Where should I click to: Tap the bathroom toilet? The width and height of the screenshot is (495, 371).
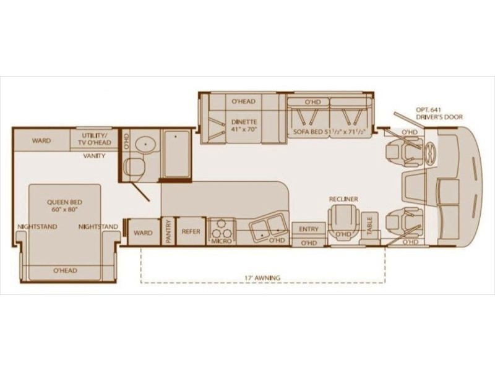point(134,167)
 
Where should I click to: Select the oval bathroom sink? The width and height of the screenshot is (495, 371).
point(145,145)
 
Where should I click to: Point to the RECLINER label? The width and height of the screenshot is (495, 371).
point(343,199)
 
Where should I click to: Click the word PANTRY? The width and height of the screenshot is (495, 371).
point(168,231)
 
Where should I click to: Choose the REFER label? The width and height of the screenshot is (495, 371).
point(191,231)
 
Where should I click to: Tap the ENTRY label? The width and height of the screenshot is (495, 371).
point(308,229)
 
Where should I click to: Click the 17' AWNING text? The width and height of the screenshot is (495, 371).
point(262,278)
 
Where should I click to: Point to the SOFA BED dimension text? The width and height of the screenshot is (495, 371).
point(329,132)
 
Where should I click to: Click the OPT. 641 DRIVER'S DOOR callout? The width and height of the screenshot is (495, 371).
point(439,114)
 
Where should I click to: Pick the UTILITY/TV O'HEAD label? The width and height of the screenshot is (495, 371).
point(95,139)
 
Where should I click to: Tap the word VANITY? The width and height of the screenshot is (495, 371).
point(95,156)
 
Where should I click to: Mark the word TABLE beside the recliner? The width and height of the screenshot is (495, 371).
point(369,226)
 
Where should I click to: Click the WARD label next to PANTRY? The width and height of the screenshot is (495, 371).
point(143,233)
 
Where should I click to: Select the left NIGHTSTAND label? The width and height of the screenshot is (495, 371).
point(37,226)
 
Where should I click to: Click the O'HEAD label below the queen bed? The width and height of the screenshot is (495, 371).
point(66,270)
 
